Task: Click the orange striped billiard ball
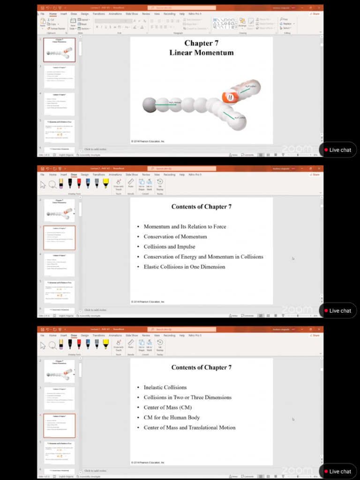click(x=230, y=97)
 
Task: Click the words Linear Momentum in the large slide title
click(x=201, y=52)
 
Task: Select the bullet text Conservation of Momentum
click(x=175, y=237)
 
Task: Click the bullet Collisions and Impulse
click(x=169, y=247)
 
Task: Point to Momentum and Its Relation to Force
click(x=185, y=226)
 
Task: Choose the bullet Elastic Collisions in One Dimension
click(x=184, y=267)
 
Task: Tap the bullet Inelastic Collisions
click(x=165, y=387)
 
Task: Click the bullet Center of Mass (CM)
click(x=167, y=407)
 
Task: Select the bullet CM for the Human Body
click(x=172, y=417)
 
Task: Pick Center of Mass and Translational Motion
click(x=189, y=427)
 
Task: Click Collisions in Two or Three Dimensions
click(x=187, y=397)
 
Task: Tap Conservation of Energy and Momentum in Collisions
click(x=203, y=257)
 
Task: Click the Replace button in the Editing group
click(x=286, y=23)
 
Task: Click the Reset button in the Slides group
click(x=83, y=24)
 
